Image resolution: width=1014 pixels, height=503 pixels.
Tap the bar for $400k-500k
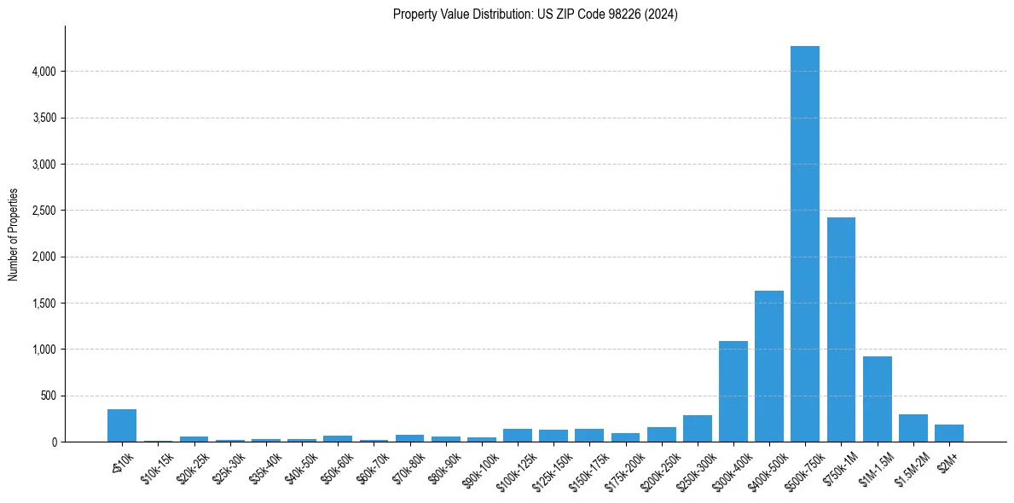point(768,367)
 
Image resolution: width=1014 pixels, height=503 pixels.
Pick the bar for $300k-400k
point(733,391)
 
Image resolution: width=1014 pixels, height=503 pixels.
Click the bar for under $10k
point(122,425)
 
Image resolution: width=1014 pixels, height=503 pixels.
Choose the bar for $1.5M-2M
point(913,428)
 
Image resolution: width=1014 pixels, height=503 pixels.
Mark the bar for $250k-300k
point(697,429)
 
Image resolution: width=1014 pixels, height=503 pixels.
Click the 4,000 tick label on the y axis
point(43,72)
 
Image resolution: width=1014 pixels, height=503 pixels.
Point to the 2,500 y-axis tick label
point(43,211)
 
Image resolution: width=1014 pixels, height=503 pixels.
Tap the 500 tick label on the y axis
point(48,396)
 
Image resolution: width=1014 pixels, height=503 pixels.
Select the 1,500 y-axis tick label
point(43,304)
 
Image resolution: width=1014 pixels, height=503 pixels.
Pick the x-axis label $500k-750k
point(802,464)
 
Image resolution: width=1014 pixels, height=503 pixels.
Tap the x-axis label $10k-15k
point(158,462)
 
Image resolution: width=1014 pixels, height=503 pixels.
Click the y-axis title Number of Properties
point(13,234)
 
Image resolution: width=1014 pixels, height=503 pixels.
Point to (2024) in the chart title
point(662,14)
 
